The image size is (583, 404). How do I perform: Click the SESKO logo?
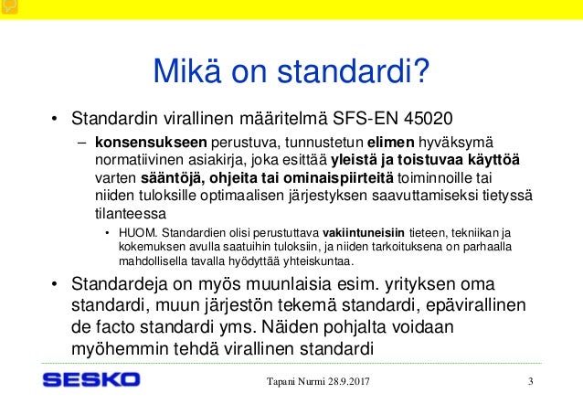click(x=91, y=379)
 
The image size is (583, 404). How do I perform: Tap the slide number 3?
click(x=531, y=380)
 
